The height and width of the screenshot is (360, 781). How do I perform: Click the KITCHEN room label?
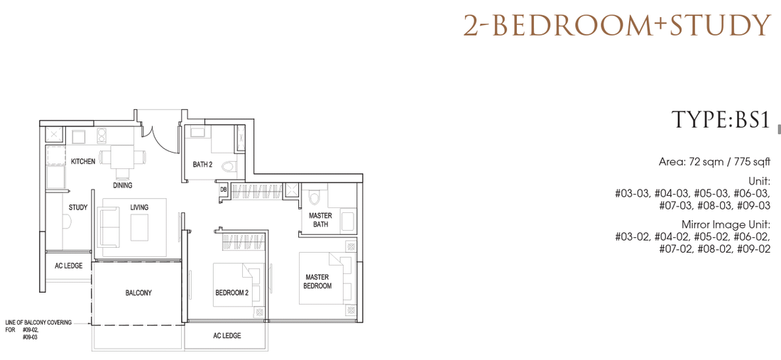point(82,162)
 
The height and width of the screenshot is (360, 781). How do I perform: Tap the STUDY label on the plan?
point(78,207)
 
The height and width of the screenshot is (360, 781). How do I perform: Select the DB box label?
point(224,190)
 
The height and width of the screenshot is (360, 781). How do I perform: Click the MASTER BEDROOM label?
point(319,281)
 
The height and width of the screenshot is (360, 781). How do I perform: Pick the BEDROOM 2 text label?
point(231,293)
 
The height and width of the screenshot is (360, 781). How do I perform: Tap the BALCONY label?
point(138,293)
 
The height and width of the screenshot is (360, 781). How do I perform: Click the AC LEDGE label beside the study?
point(68,266)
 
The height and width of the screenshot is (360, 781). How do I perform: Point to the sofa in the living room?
point(109,227)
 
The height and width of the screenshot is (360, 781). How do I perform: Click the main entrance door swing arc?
point(165,142)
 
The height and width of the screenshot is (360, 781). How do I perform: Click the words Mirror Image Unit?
point(726,224)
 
